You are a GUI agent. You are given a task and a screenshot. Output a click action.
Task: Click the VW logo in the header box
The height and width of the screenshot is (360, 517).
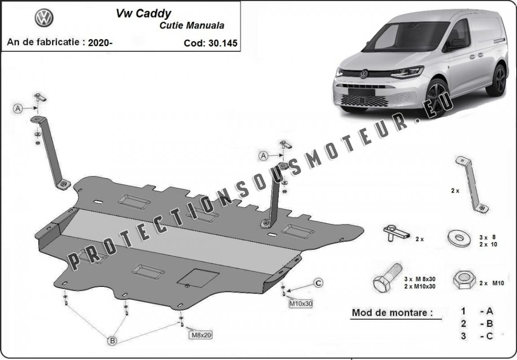click(44, 18)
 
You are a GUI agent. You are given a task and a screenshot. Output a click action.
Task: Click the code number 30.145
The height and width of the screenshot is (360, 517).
click(223, 44)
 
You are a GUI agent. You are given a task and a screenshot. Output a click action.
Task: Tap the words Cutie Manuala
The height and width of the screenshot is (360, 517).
click(192, 26)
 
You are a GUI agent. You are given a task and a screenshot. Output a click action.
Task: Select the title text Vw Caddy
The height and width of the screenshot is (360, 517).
click(144, 13)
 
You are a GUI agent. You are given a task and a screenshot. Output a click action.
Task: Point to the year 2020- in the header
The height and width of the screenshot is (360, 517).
click(100, 43)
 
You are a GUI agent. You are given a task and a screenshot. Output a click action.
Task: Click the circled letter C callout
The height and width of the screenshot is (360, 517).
click(318, 283)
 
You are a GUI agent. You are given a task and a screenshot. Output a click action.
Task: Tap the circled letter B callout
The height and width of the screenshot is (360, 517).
click(113, 341)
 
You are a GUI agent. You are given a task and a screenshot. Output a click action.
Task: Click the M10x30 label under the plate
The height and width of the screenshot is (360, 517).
click(301, 303)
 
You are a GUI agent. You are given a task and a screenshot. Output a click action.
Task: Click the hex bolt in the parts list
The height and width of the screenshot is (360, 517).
click(387, 277)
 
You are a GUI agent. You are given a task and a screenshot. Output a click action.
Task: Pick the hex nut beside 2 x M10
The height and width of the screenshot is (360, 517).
click(464, 280)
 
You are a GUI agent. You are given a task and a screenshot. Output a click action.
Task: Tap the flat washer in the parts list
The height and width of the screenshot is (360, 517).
click(459, 238)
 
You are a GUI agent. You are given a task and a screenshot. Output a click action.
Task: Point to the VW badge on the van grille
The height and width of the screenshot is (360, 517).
click(364, 74)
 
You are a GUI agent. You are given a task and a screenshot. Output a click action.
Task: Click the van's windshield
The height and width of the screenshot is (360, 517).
click(407, 37)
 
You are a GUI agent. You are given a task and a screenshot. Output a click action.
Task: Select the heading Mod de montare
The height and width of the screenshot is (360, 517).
click(392, 312)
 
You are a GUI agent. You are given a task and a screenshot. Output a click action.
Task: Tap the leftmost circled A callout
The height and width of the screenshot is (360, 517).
click(18, 108)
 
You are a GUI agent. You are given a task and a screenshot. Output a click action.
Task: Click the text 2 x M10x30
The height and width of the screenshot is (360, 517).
click(420, 286)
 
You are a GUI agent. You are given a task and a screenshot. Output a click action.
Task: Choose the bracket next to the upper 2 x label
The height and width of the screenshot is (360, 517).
click(472, 184)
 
